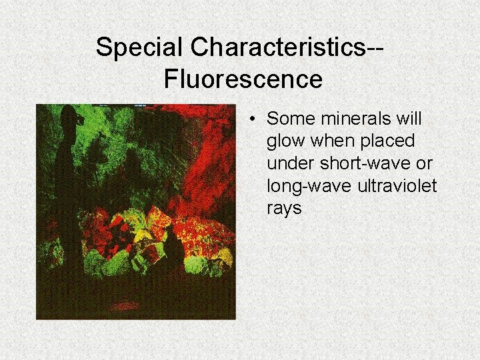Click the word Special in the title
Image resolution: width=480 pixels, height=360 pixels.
pyautogui.click(x=139, y=47)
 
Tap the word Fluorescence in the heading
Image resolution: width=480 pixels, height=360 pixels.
pyautogui.click(x=243, y=79)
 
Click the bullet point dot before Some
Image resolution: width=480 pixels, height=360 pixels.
pyautogui.click(x=254, y=119)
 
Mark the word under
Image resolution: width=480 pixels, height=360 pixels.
pyautogui.click(x=287, y=163)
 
